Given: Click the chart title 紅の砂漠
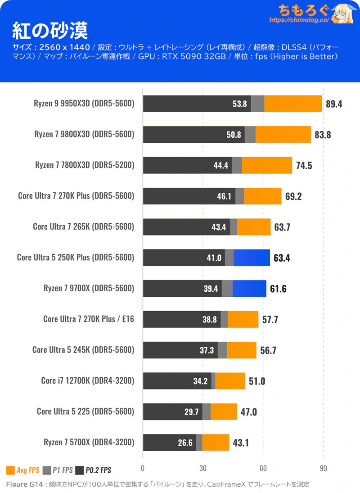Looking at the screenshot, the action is [x=50, y=31].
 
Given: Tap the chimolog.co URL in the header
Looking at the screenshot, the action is [x=299, y=20].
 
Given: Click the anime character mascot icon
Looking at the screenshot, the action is [x=344, y=14].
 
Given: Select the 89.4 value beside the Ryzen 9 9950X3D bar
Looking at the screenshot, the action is [x=334, y=104].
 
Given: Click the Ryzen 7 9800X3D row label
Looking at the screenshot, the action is [x=84, y=134].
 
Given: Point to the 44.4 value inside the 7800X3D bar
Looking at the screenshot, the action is [x=221, y=165].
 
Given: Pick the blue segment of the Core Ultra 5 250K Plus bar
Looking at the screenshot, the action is [x=252, y=258].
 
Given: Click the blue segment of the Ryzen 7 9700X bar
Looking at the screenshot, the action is [x=249, y=288].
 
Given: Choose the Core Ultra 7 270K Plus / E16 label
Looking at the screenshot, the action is [x=89, y=319].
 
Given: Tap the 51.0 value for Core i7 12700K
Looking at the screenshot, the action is [x=257, y=381].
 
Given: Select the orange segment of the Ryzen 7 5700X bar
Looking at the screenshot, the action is [x=216, y=443].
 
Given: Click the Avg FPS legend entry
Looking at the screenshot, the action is [x=23, y=470].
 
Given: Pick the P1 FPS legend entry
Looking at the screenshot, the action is [x=58, y=470].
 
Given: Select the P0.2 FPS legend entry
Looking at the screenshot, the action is [x=93, y=470].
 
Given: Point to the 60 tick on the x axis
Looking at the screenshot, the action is [x=263, y=469].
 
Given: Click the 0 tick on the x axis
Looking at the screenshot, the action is [x=143, y=469].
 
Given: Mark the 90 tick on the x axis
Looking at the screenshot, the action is [x=323, y=469].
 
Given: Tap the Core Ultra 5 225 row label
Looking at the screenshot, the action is [x=85, y=412].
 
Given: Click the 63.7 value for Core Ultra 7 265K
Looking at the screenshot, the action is [x=282, y=227].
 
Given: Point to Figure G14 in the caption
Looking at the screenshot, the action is [x=24, y=484].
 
